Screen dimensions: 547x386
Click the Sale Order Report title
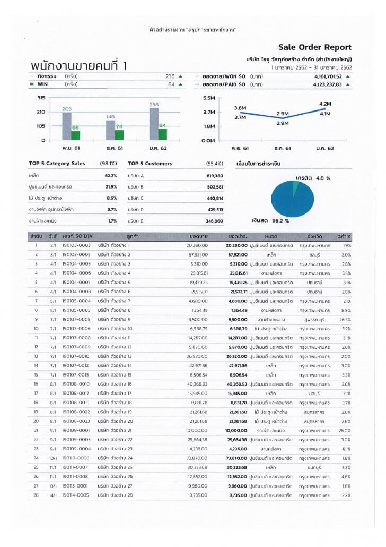(x=314, y=47)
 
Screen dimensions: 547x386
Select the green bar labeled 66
(x=75, y=134)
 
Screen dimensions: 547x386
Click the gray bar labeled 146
(x=110, y=130)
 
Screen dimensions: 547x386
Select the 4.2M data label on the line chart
(x=325, y=104)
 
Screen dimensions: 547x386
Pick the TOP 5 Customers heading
(x=150, y=164)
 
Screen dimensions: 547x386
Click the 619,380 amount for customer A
(x=214, y=175)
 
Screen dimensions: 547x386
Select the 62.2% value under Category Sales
(x=110, y=175)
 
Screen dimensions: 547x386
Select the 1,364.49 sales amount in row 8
(x=199, y=310)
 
